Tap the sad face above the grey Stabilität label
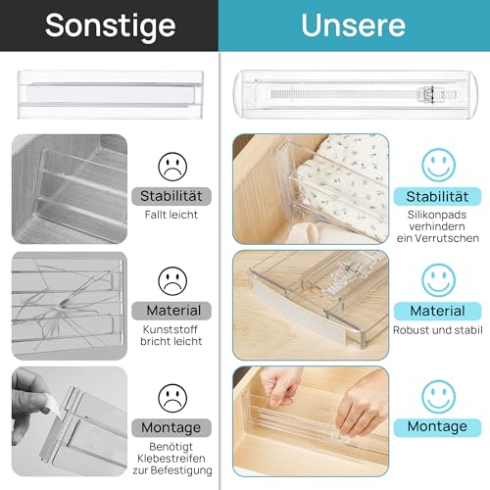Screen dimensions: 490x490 coord(172,164)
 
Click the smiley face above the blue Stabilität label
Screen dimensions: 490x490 coord(437,163)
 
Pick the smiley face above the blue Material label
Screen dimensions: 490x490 coord(437,280)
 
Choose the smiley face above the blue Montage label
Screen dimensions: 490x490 coord(437,396)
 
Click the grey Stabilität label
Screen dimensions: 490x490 coord(172,194)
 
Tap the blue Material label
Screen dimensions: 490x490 coord(437,311)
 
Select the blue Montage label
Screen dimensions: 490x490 coord(437,426)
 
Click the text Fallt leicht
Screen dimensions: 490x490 coord(172,213)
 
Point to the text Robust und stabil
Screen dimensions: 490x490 coord(437,330)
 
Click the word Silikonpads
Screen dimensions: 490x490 coord(437,215)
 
